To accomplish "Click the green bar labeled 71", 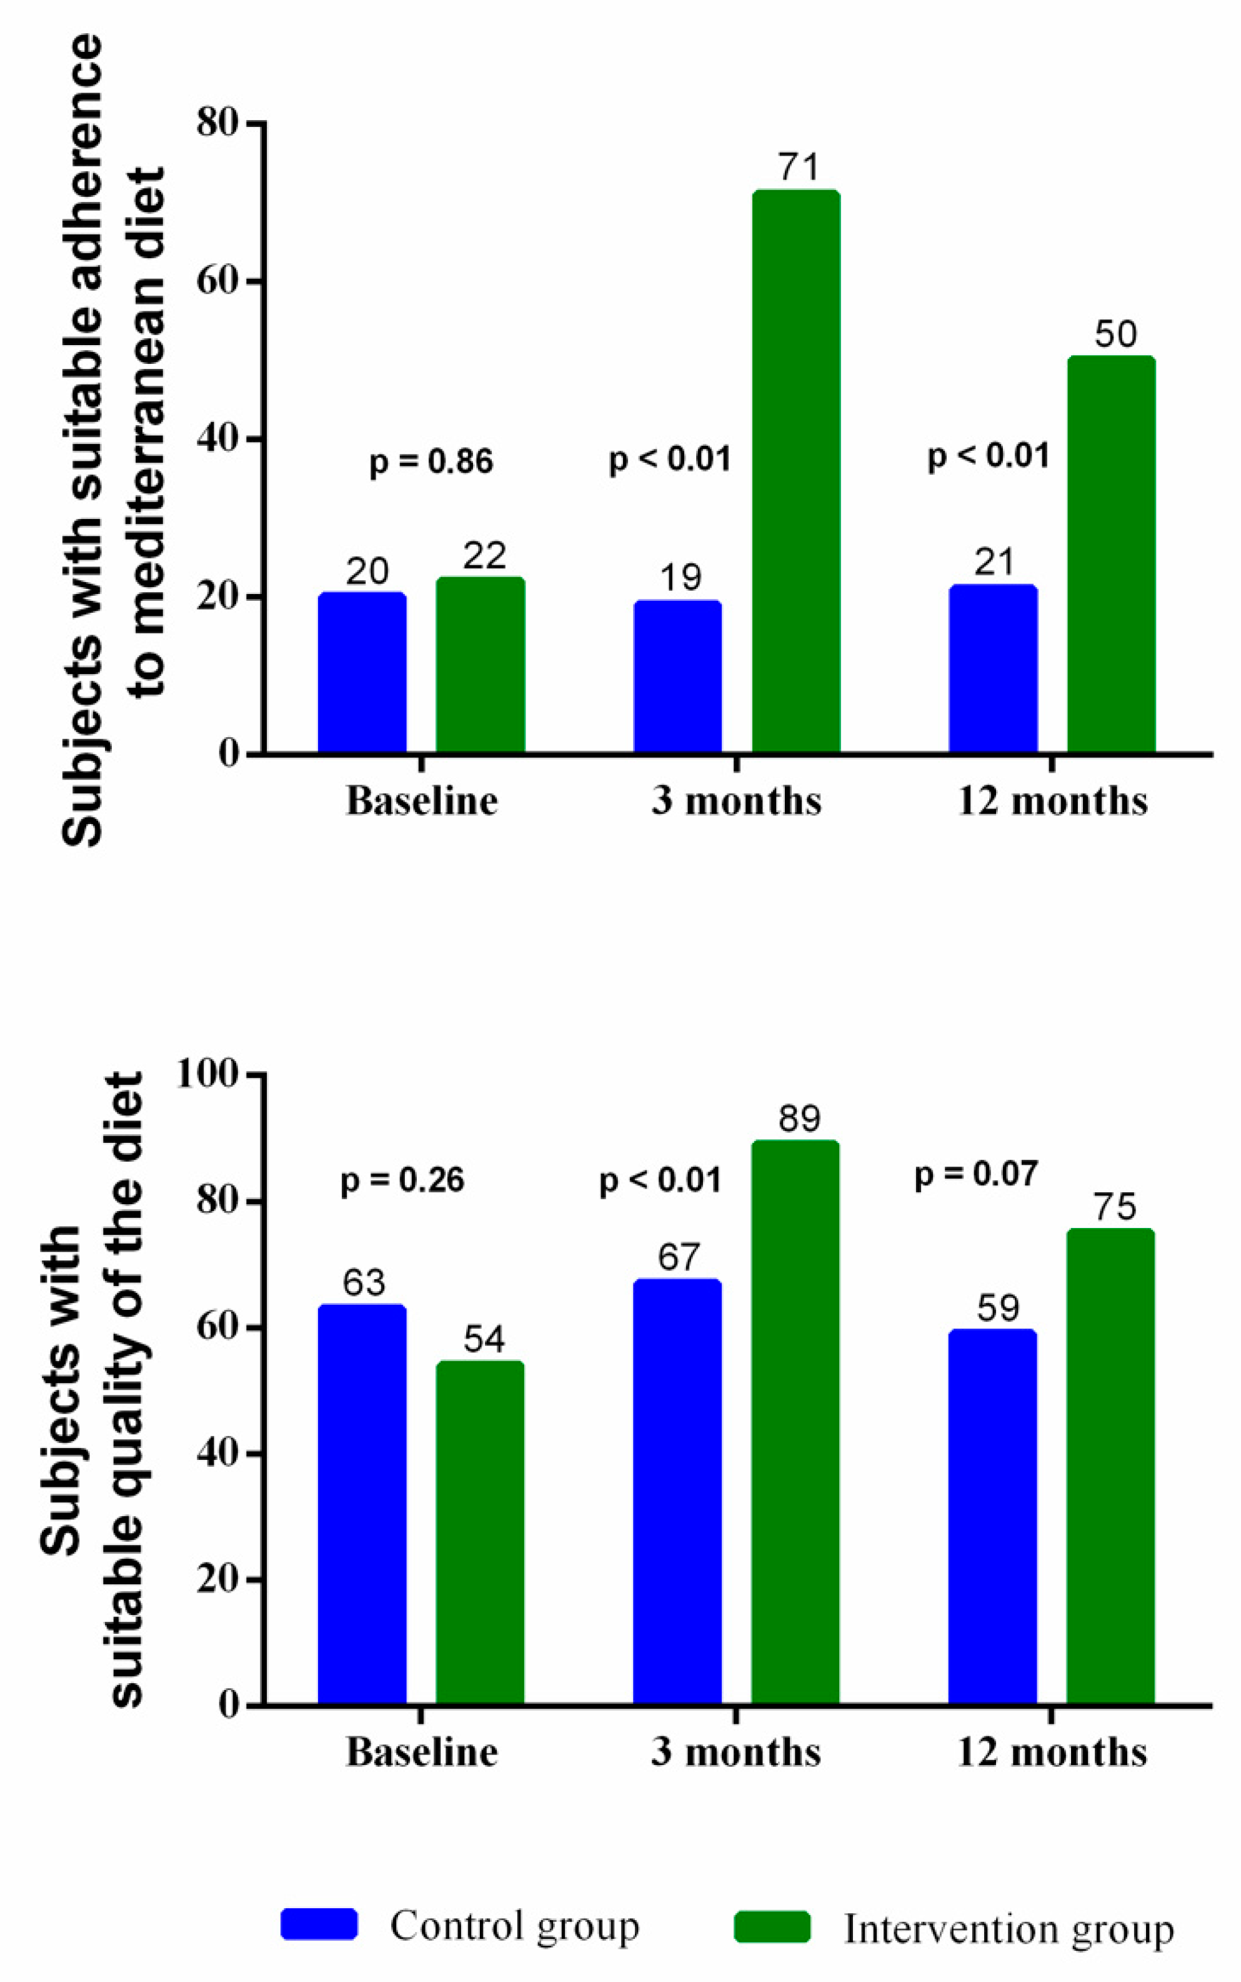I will (795, 472).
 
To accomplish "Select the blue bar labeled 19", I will (677, 677).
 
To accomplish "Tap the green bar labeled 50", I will (1110, 555).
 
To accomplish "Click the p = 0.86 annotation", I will (431, 461).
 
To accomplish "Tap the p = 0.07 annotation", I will (976, 1174).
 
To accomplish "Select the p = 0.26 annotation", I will (402, 1180).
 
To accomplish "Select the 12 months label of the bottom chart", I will (1052, 1752).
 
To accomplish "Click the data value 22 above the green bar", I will (484, 556).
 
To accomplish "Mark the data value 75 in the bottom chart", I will (1115, 1207).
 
